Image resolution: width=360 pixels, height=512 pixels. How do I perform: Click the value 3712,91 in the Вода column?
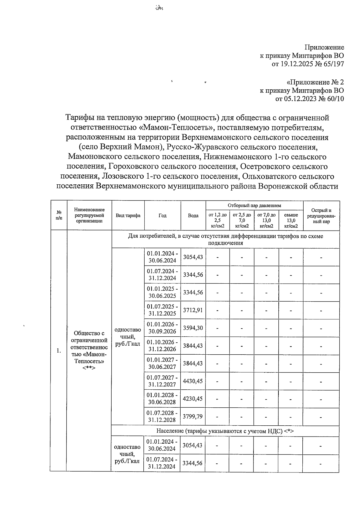point(193,310)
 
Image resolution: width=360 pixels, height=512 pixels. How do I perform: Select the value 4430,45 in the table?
point(193,381)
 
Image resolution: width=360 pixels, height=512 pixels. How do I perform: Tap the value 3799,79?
point(193,416)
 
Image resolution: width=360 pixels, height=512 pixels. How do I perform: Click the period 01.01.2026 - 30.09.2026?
point(162,328)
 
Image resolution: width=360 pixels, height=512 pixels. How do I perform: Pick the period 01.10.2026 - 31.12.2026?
point(162,346)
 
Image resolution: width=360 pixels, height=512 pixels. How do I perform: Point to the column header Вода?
point(193,216)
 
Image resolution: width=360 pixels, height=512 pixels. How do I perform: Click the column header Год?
point(162,216)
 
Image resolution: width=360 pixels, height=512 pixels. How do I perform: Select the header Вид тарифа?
point(128,216)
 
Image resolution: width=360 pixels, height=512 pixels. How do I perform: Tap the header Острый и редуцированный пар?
point(321,216)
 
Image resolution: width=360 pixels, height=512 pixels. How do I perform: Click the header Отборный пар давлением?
point(254,205)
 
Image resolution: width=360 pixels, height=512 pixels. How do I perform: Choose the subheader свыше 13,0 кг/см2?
point(291,220)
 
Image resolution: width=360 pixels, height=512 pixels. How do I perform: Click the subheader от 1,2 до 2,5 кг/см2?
point(217,220)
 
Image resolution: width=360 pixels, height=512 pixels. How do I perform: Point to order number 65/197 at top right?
point(333,64)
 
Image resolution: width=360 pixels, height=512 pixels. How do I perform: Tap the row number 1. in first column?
point(59,351)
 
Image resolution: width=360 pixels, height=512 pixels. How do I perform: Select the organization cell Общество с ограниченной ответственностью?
point(89,350)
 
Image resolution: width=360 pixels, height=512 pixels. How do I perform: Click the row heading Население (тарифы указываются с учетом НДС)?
point(225,431)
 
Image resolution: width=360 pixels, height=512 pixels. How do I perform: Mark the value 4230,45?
point(193,399)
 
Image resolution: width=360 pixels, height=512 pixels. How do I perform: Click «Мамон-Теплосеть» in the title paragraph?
point(176,127)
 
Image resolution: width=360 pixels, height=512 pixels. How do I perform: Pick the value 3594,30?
point(193,328)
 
